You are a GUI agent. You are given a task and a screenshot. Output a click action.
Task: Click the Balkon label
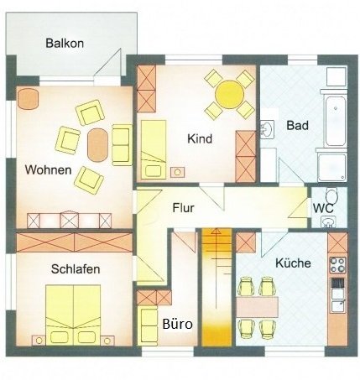[x=65, y=44]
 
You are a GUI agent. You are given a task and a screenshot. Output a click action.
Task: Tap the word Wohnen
[x=48, y=170]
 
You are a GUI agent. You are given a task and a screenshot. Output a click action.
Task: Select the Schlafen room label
[x=76, y=269]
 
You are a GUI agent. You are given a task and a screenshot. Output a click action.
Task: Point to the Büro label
[x=177, y=325]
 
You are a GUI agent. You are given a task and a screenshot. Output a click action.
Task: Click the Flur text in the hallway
[x=183, y=208]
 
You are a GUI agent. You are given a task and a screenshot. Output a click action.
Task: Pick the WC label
[x=323, y=208]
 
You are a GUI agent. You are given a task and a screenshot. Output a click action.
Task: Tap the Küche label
[x=293, y=263]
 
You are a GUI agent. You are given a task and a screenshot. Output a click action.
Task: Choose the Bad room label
[x=298, y=125]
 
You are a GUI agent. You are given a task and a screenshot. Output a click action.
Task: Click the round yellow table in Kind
[x=230, y=95]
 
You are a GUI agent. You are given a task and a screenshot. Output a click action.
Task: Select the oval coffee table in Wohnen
[x=97, y=145]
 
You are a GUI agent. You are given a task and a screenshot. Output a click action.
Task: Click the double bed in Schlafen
[x=73, y=315]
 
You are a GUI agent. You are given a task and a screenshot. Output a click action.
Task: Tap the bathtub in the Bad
[x=335, y=121]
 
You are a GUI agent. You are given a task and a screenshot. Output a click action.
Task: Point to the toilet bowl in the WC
[x=331, y=195]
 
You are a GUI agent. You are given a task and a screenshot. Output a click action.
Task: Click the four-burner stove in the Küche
[x=337, y=265]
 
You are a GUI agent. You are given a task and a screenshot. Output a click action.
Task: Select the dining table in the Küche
[x=257, y=307]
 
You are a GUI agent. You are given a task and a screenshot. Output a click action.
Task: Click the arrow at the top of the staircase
[x=216, y=232]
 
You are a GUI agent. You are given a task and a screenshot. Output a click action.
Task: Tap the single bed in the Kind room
[x=154, y=149]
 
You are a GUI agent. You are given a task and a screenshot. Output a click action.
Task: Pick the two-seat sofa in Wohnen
[x=123, y=145]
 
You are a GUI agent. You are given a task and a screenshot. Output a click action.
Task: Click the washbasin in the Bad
[x=268, y=129]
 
